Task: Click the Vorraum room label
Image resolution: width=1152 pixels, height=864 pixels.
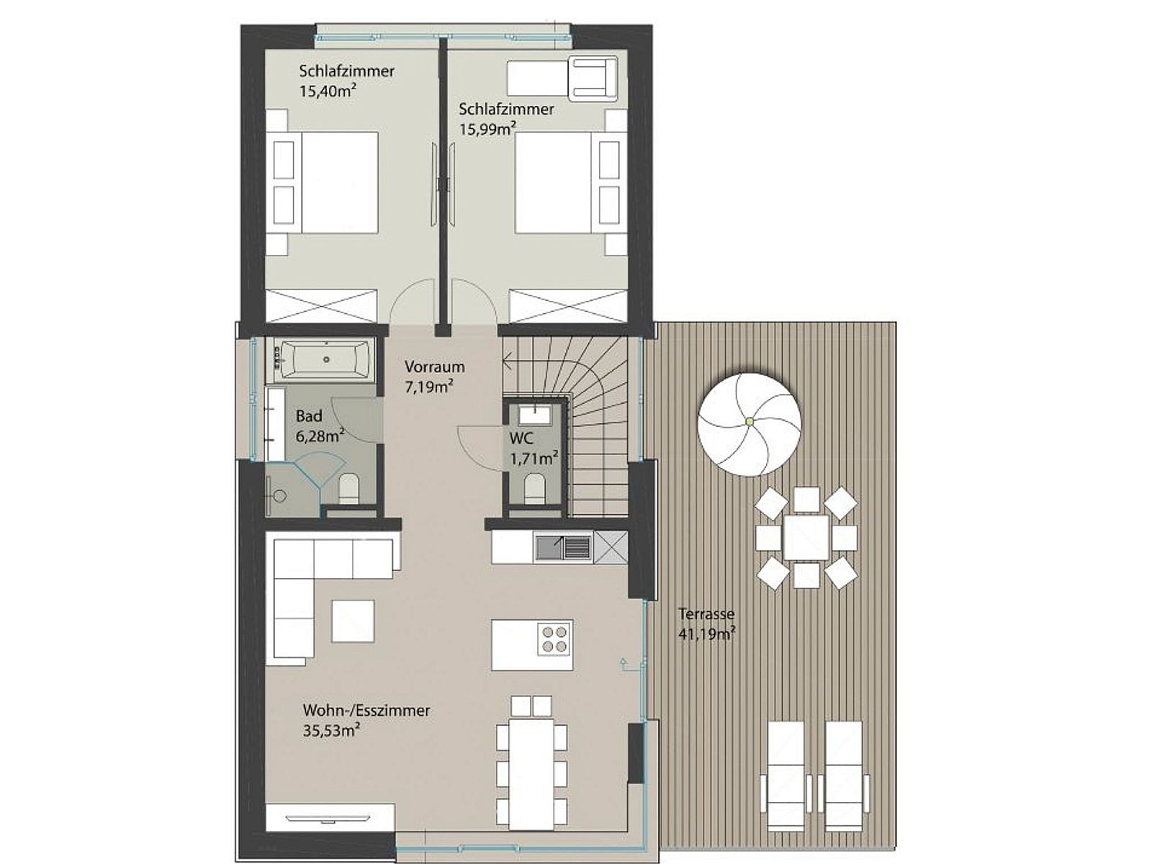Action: click(434, 366)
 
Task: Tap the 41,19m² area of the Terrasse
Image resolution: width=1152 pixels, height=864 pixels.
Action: click(706, 634)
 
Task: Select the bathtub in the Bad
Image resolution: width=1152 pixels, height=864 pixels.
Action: click(325, 359)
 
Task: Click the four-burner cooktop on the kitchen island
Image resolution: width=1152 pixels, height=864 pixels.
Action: click(555, 638)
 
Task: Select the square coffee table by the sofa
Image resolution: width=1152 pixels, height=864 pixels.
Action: click(353, 621)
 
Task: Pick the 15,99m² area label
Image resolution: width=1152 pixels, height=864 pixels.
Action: click(487, 129)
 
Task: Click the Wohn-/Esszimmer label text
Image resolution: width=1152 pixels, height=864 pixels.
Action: click(366, 711)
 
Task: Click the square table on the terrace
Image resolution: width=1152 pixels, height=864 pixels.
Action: click(806, 538)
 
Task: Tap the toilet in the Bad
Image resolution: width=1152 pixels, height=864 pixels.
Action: click(348, 489)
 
